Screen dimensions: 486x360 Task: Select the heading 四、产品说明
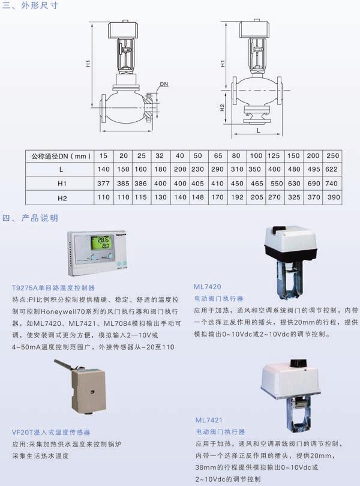tap(31, 217)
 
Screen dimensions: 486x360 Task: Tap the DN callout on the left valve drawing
tap(164, 85)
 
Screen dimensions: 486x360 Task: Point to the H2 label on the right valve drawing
tap(221, 108)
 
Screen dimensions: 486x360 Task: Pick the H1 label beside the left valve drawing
tap(88, 62)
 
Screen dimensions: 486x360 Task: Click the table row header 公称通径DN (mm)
tap(59, 156)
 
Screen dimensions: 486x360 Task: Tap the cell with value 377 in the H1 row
tap(104, 184)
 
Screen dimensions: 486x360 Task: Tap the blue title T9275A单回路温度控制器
tap(53, 287)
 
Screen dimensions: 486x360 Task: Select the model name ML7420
tap(208, 287)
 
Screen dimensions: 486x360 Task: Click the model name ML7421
tap(209, 421)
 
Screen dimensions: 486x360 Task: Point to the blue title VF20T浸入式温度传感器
tap(51, 432)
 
